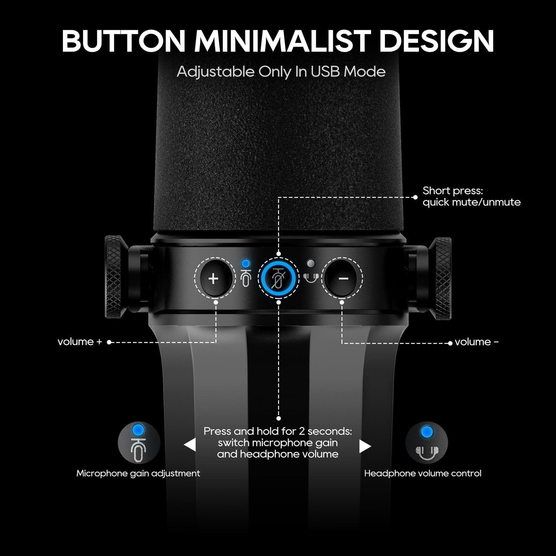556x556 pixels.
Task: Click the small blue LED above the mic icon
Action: pos(245,264)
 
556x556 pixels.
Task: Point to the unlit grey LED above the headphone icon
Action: pos(311,264)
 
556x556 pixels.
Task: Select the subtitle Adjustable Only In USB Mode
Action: pos(281,72)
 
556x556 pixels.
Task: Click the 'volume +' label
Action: pos(80,342)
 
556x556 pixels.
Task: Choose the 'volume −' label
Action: pos(476,342)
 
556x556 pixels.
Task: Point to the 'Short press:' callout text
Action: pos(453,191)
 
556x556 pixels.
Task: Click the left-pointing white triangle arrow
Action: pos(190,444)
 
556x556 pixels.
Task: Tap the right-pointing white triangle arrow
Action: pos(365,446)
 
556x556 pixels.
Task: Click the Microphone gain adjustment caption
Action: pos(138,473)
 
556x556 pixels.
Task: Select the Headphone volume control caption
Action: pos(423,473)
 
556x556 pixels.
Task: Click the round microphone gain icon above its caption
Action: pos(139,443)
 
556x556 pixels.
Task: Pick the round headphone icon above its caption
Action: pos(426,443)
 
